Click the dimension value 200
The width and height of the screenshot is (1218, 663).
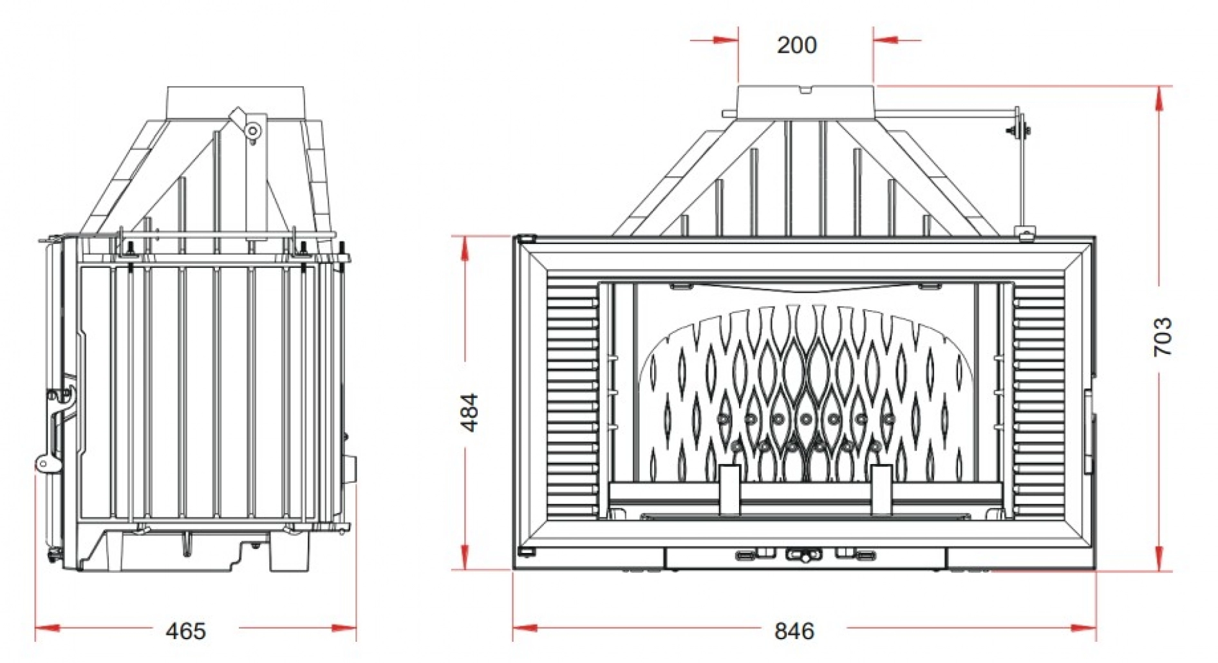tap(796, 45)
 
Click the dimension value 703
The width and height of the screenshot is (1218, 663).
tap(1163, 336)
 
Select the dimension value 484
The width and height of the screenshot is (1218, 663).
tap(471, 412)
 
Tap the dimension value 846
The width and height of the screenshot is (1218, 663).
tap(794, 631)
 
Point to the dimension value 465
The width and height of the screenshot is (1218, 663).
tap(185, 631)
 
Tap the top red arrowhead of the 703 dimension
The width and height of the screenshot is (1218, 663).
tap(1159, 98)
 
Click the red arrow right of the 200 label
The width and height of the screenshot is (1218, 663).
tap(886, 40)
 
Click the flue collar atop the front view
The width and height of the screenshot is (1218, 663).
tap(806, 102)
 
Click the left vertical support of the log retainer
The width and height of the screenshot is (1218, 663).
tap(730, 489)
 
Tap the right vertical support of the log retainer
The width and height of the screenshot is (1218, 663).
tap(881, 489)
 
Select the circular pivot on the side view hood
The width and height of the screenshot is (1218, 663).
tap(253, 131)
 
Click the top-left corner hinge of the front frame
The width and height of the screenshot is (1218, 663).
tap(527, 239)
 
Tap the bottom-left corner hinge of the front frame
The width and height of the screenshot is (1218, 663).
tap(527, 552)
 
